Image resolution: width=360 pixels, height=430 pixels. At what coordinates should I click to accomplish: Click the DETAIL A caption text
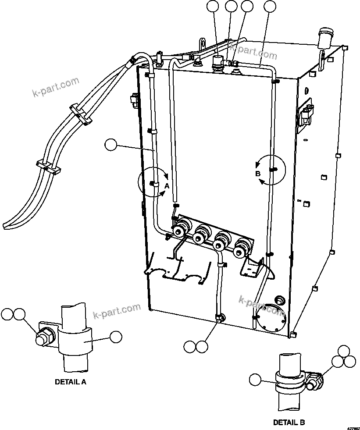(70, 382)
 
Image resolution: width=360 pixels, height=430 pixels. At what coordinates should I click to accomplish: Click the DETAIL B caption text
(289, 423)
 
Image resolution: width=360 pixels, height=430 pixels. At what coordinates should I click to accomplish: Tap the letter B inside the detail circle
(258, 174)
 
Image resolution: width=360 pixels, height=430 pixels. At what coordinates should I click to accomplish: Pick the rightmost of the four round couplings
(241, 248)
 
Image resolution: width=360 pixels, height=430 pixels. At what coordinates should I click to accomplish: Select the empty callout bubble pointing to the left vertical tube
(111, 145)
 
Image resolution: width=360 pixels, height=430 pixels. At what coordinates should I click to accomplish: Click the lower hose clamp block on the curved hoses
(47, 166)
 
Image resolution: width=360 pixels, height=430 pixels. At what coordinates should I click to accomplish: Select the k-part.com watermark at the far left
(56, 86)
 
